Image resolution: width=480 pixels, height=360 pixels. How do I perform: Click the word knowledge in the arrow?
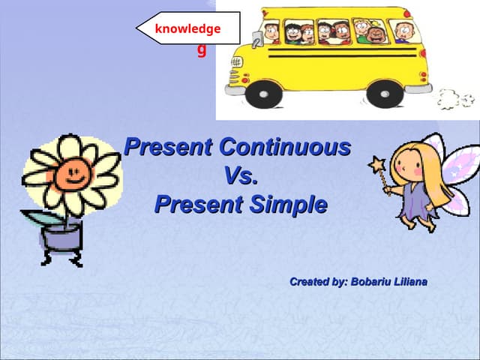coord(187,29)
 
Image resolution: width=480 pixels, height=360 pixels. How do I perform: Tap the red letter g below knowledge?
coord(201,50)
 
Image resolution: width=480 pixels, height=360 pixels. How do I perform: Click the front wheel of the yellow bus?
coord(263,93)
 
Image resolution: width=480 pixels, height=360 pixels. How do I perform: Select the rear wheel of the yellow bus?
coord(385,93)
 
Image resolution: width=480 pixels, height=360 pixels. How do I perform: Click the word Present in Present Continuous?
coord(169,147)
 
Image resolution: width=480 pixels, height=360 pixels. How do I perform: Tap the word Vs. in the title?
coord(241,175)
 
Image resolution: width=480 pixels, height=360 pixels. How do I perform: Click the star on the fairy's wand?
coord(376,163)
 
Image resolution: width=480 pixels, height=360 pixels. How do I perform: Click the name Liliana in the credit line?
coord(409,282)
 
